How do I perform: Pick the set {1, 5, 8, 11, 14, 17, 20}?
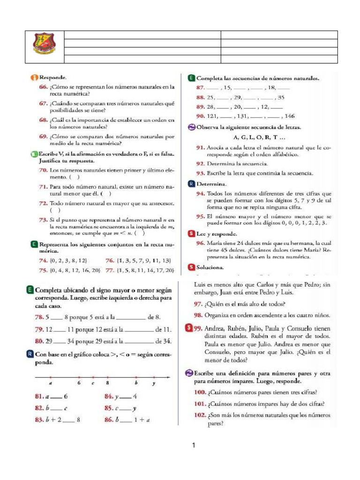click(145, 270)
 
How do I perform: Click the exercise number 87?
click(200, 88)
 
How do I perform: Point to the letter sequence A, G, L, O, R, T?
click(258, 137)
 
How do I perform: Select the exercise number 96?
click(201, 243)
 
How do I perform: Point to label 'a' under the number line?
click(51, 383)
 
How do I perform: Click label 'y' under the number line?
click(154, 383)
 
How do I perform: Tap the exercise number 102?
click(202, 415)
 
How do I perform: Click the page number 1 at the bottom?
click(193, 445)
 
